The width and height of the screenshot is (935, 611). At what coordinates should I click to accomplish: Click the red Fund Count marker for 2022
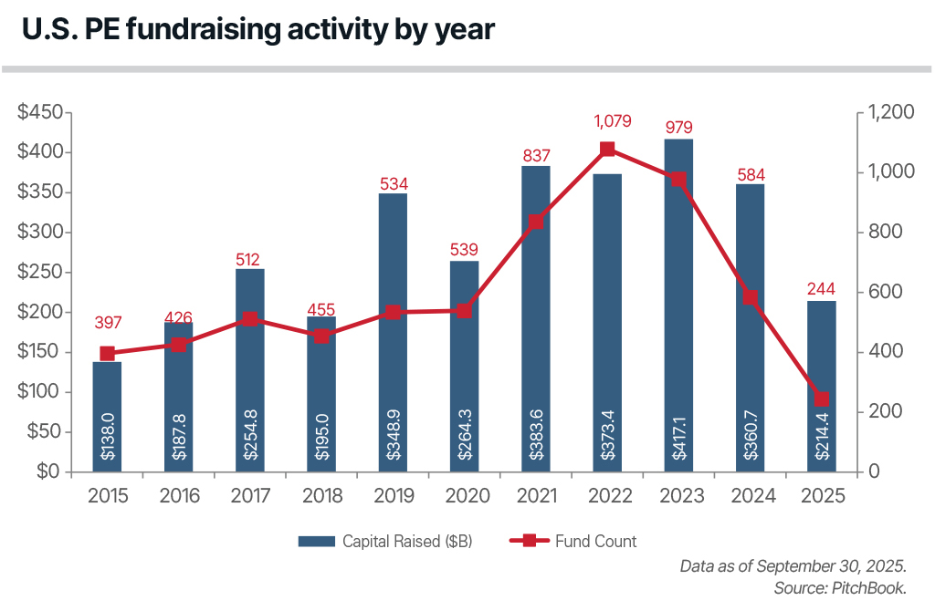[x=607, y=150]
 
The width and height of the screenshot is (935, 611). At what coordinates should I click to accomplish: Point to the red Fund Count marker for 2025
[x=822, y=399]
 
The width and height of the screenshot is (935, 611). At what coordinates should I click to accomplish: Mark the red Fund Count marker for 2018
[x=321, y=336]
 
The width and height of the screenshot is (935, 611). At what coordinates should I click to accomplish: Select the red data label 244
[x=822, y=289]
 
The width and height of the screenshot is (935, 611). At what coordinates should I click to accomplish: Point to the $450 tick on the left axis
[x=39, y=112]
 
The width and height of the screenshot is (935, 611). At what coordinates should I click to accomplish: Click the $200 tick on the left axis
[x=39, y=312]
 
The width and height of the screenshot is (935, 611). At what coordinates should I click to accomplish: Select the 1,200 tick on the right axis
[x=890, y=112]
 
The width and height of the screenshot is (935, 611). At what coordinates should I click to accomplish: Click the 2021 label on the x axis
[x=536, y=496]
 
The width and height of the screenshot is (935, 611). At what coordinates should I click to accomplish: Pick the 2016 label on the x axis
[x=178, y=496]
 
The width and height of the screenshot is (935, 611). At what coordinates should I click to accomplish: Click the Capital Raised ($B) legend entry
[x=385, y=541]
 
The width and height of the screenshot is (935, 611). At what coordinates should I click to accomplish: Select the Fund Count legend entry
[x=573, y=541]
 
